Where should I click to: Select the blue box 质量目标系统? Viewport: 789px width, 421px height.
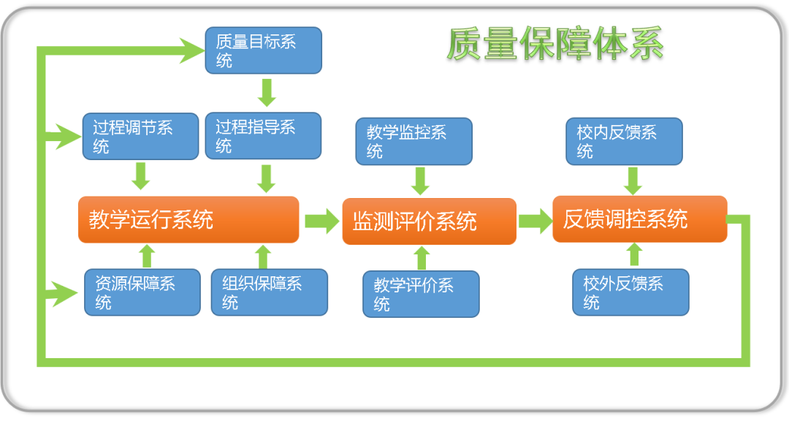pyautogui.click(x=263, y=50)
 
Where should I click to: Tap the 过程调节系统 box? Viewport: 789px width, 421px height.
pyautogui.click(x=141, y=136)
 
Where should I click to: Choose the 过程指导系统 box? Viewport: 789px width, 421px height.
pyautogui.click(x=263, y=135)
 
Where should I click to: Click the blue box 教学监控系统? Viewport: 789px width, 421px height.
pyautogui.click(x=413, y=141)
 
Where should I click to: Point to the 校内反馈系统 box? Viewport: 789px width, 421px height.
pyautogui.click(x=624, y=141)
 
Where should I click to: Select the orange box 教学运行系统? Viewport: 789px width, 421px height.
pyautogui.click(x=188, y=219)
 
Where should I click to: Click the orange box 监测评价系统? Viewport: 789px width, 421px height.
pyautogui.click(x=430, y=221)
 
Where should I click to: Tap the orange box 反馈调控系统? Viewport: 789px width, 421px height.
pyautogui.click(x=640, y=219)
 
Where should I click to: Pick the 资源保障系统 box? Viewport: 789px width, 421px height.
pyautogui.click(x=142, y=292)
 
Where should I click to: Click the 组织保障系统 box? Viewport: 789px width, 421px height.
pyautogui.click(x=269, y=292)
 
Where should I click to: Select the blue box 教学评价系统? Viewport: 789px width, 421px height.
pyautogui.click(x=422, y=294)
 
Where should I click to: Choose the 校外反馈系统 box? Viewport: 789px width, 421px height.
pyautogui.click(x=631, y=292)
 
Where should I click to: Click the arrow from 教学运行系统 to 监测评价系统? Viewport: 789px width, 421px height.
pyautogui.click(x=322, y=221)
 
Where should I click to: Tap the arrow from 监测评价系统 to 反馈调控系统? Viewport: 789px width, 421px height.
pyautogui.click(x=535, y=221)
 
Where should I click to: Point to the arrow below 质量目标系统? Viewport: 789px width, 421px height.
pyautogui.click(x=267, y=92)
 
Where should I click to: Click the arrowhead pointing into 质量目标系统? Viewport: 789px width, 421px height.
pyautogui.click(x=193, y=50)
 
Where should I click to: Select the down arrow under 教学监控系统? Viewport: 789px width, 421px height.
pyautogui.click(x=420, y=181)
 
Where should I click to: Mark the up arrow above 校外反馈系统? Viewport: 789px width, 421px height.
pyautogui.click(x=635, y=254)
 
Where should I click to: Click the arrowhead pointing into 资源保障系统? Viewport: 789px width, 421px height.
pyautogui.click(x=66, y=294)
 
